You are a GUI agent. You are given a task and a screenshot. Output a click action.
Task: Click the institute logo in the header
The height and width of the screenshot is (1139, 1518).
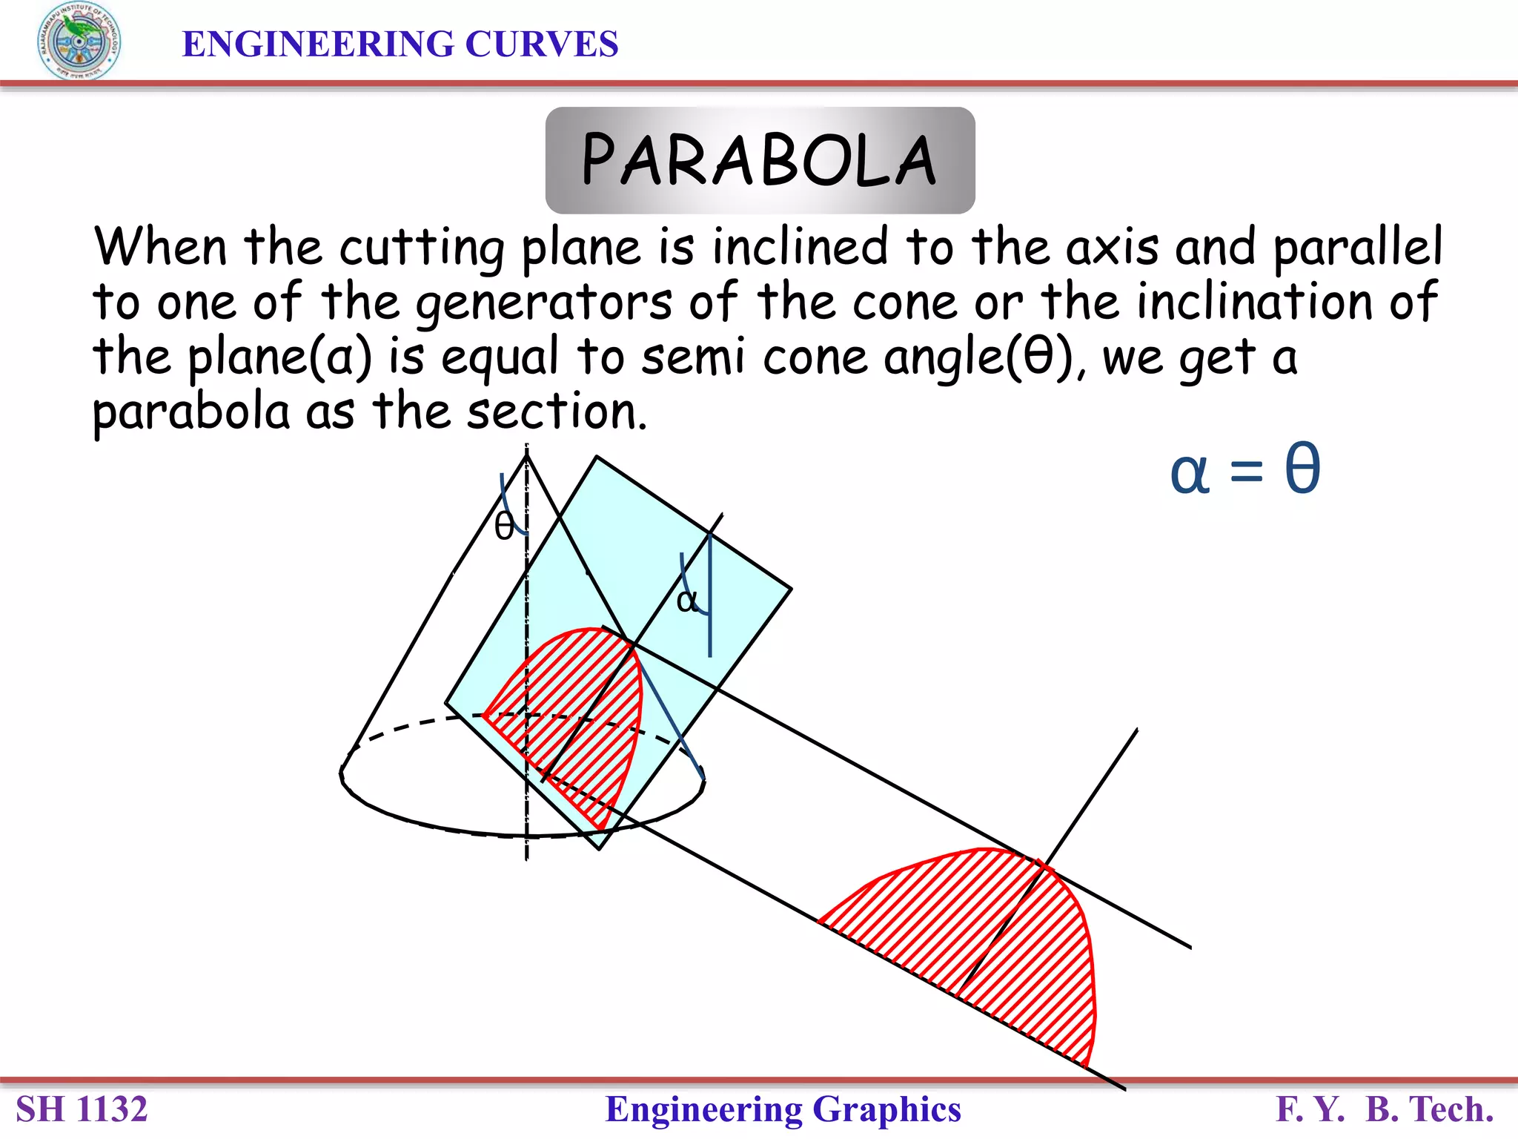[x=79, y=42]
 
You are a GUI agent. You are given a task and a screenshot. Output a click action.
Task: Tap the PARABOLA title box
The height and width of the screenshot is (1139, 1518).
[x=760, y=160]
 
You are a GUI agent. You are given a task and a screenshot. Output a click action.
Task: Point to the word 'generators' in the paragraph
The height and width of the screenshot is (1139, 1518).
[x=544, y=303]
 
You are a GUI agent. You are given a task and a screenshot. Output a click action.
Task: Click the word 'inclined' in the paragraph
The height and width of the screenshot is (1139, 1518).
[x=800, y=247]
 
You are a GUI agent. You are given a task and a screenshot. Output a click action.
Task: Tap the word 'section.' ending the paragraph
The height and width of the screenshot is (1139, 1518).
[x=557, y=412]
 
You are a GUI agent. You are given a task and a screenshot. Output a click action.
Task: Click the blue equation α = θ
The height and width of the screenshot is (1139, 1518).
[x=1245, y=470]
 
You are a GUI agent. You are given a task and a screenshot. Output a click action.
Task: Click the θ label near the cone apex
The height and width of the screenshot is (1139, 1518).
[x=504, y=527]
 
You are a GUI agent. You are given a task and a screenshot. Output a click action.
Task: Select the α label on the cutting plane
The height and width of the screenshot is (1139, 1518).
[x=686, y=599]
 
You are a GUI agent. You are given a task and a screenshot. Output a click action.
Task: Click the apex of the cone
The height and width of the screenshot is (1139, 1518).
[x=527, y=456]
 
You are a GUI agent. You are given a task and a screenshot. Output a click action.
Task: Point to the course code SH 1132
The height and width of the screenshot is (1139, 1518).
[x=82, y=1109]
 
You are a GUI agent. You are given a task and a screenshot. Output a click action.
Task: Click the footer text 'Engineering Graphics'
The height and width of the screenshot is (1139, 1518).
[x=783, y=1109]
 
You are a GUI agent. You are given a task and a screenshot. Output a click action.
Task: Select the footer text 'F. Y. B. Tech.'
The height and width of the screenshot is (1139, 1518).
[x=1384, y=1109]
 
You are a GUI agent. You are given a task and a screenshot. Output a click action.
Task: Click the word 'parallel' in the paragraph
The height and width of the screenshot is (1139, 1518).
[x=1358, y=247]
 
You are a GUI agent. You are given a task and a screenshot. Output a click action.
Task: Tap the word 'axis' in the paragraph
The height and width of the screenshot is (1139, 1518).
[x=1112, y=247]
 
